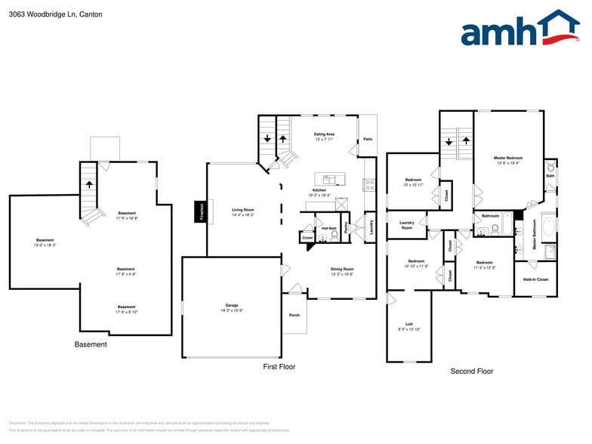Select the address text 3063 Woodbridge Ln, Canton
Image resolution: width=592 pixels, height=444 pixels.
55,14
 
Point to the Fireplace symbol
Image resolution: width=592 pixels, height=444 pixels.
202,211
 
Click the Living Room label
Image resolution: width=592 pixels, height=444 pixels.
242,211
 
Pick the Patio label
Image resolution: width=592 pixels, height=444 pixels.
368,139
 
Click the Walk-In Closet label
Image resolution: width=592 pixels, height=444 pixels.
535,279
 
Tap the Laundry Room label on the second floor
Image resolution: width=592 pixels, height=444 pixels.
406,225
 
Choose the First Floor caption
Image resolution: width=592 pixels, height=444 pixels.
279,367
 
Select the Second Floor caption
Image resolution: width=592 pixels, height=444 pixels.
471,372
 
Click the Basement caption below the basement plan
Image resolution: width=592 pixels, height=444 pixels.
91,345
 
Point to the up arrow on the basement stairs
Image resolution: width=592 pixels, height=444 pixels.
89,183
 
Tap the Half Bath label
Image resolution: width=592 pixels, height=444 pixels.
328,228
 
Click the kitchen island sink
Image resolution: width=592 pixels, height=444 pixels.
330,179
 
